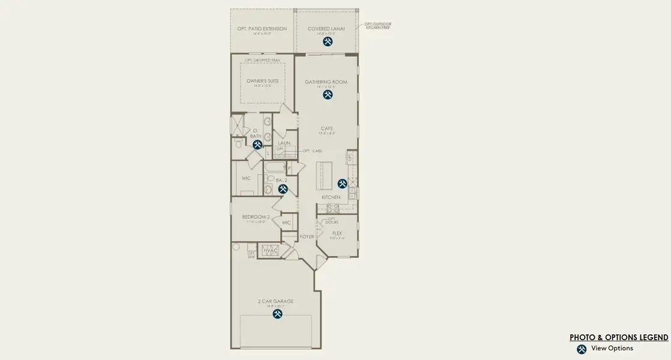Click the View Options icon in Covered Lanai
327,42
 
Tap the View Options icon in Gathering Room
327,95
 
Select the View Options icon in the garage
278,313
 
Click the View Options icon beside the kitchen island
342,184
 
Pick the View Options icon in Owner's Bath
257,145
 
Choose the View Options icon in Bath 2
283,189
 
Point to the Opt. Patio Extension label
262,29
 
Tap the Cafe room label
327,128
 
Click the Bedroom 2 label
256,217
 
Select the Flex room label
337,233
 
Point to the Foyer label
307,237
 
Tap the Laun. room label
284,143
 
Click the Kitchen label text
331,197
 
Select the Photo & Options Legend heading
619,337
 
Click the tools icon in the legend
581,349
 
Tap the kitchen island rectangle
324,175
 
